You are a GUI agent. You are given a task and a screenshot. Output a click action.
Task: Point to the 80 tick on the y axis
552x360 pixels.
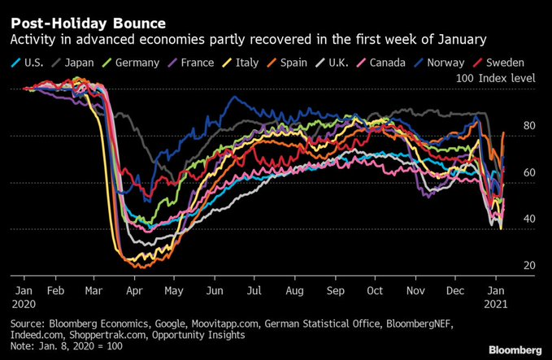tap(528, 126)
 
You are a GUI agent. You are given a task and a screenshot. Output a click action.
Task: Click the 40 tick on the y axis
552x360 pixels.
tap(528, 219)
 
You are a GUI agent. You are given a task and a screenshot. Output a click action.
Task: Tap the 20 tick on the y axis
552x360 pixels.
tap(528, 266)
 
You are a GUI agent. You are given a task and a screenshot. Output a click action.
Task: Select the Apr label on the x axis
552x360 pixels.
tap(135, 288)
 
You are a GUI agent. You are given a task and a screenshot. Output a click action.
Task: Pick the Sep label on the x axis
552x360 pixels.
tap(335, 288)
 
